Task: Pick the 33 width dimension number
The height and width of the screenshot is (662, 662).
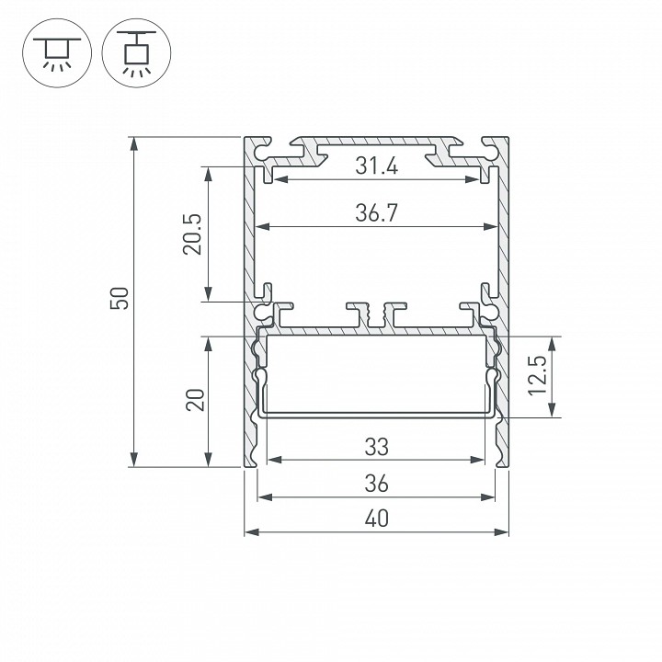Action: [x=375, y=447]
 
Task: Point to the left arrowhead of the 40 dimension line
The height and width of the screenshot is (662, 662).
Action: [x=249, y=531]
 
